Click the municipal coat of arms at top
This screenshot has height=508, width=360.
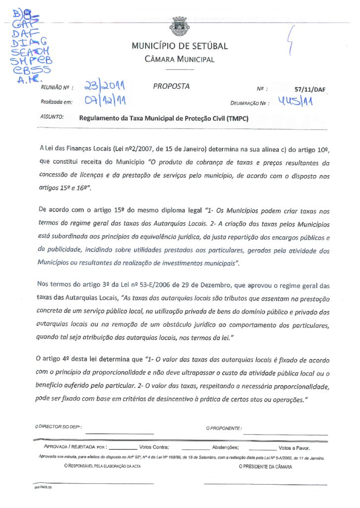click(x=180, y=24)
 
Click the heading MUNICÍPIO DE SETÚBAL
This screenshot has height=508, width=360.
click(x=180, y=46)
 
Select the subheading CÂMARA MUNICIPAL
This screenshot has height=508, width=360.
click(x=180, y=60)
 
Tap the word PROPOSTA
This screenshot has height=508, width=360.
click(x=171, y=86)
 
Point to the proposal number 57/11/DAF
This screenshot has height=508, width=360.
click(x=308, y=90)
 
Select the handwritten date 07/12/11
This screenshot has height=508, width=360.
click(x=104, y=102)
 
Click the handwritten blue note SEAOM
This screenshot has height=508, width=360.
click(x=30, y=52)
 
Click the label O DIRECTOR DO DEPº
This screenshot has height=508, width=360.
click(x=59, y=427)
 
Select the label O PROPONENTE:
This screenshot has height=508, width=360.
click(x=224, y=428)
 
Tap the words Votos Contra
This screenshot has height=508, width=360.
click(x=154, y=447)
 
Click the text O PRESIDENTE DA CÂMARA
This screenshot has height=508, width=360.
click(x=265, y=467)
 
